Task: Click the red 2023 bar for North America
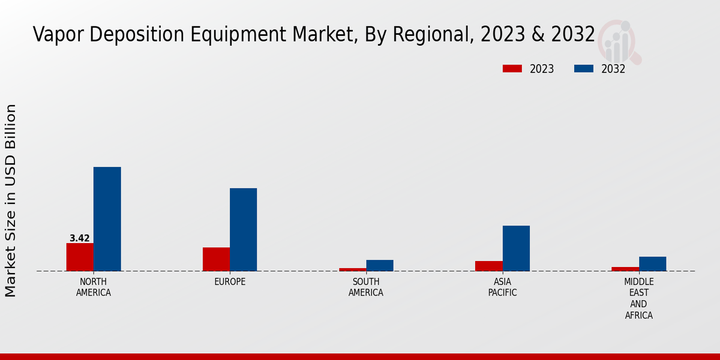80,257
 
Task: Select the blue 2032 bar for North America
107,219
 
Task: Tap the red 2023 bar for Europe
216,259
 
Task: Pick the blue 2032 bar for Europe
243,230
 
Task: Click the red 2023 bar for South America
352,269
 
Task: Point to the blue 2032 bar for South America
380,265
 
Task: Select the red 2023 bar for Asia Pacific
488,266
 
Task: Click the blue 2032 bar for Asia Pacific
516,248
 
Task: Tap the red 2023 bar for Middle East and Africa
625,269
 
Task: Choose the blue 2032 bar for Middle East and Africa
652,264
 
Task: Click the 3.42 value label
80,238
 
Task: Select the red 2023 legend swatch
512,69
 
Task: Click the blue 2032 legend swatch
584,69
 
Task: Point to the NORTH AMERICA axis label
94,287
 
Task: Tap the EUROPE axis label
230,282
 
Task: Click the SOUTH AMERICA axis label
366,287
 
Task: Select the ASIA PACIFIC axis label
502,287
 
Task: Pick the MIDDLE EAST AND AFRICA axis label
639,298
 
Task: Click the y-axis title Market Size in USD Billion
11,200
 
